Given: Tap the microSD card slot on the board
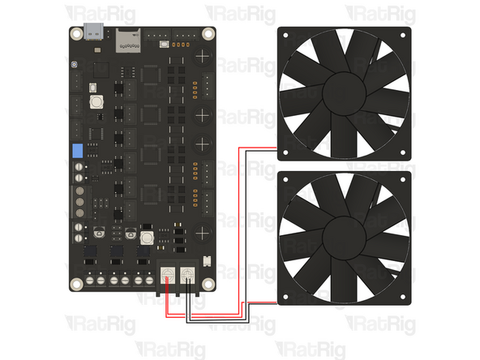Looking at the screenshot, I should pyautogui.click(x=126, y=36).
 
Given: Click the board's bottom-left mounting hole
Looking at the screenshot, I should pyautogui.click(x=76, y=284).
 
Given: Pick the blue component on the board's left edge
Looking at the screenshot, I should pyautogui.click(x=78, y=151).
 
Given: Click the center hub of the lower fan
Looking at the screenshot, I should pyautogui.click(x=345, y=237).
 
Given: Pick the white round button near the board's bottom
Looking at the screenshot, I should pyautogui.click(x=147, y=238).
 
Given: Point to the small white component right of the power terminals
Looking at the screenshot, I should pyautogui.click(x=206, y=264).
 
